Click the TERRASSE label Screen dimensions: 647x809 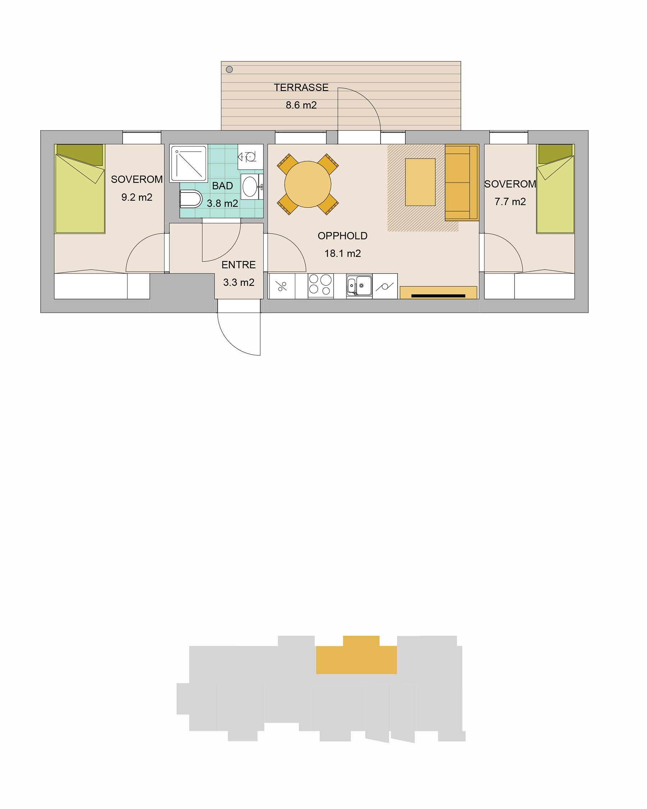click(x=301, y=87)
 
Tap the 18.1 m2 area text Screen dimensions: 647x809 click(x=343, y=253)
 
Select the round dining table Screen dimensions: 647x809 click(x=308, y=184)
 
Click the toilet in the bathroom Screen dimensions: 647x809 click(x=191, y=199)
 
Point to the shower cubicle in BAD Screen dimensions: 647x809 click(x=189, y=164)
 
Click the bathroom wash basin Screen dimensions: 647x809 click(x=250, y=187)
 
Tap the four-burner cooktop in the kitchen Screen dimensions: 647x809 click(x=320, y=285)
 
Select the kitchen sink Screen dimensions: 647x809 click(x=359, y=285)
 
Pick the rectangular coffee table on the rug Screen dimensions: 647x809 click(x=420, y=182)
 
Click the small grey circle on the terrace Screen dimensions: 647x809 click(x=230, y=69)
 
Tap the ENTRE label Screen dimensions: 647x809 click(x=239, y=265)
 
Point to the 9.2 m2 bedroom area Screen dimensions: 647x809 click(x=137, y=197)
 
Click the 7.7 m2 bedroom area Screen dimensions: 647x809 click(x=510, y=202)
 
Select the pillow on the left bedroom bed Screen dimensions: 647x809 click(x=79, y=155)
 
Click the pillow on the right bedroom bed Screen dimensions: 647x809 click(x=555, y=154)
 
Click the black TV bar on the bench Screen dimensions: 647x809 click(x=438, y=296)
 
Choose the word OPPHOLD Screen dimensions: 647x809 click(x=343, y=236)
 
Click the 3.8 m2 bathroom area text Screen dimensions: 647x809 click(x=222, y=204)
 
